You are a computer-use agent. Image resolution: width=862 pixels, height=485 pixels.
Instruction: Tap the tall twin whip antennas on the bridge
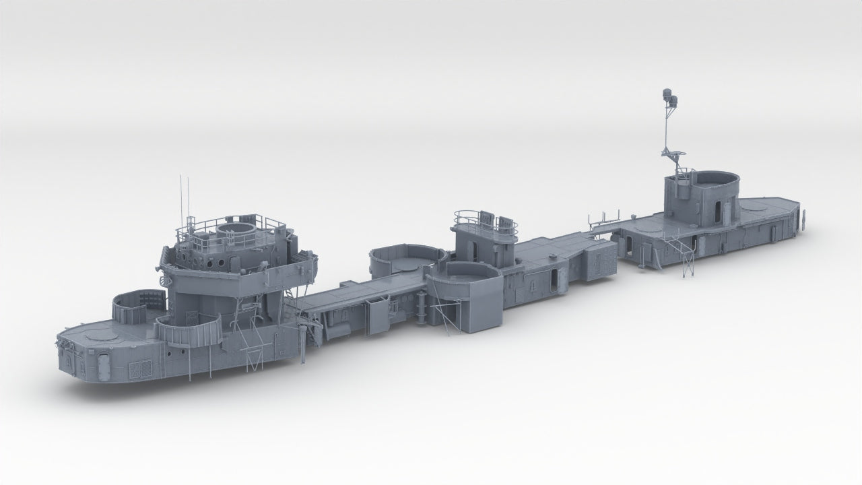[x=183, y=199]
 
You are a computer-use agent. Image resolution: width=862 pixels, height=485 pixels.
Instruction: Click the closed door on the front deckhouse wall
[x=103, y=366]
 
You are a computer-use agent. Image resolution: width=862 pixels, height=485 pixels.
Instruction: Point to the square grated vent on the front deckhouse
[x=139, y=369]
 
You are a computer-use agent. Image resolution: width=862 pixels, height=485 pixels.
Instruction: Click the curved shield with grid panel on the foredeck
[x=137, y=306]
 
